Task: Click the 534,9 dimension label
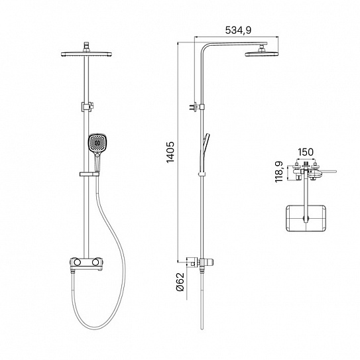click(238, 30)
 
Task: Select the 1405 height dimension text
click(170, 152)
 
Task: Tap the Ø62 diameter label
click(180, 282)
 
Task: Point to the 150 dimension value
click(306, 152)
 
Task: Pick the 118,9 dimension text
click(279, 172)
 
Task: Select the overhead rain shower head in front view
click(86, 54)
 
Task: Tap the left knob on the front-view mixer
click(76, 261)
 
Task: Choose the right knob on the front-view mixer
click(96, 261)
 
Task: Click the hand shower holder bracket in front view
click(90, 174)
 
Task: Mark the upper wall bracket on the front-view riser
click(88, 107)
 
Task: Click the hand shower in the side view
click(205, 147)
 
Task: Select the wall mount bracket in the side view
click(194, 107)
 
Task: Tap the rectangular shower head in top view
click(306, 218)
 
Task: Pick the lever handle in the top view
click(327, 171)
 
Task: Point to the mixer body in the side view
click(202, 262)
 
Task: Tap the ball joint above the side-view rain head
click(261, 48)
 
